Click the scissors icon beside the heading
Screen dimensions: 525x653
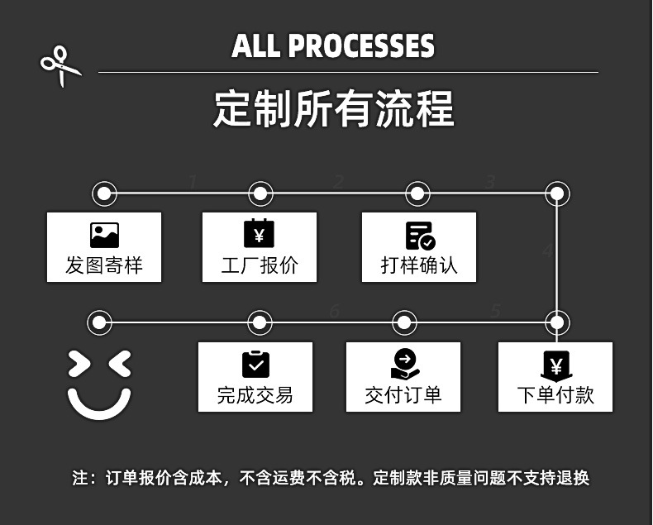click(60, 65)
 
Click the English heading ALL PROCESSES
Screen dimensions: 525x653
click(333, 45)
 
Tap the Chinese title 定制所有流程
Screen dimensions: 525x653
click(333, 110)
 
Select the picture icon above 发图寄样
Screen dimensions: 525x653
click(104, 236)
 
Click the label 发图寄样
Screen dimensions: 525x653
click(104, 265)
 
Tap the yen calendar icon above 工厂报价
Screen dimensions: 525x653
click(259, 234)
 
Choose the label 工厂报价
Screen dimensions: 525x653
click(259, 265)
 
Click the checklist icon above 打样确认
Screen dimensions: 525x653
click(420, 236)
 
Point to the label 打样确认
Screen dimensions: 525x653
click(419, 265)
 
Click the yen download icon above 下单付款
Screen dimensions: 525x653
click(555, 365)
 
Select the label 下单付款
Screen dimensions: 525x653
click(555, 394)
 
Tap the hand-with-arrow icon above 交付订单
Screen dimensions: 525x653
click(405, 364)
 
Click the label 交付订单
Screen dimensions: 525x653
click(403, 394)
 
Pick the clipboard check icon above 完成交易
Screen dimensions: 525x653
click(255, 364)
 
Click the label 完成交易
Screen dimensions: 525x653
click(255, 394)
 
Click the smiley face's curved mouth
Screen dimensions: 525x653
click(99, 403)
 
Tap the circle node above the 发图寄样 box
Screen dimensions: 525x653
click(104, 194)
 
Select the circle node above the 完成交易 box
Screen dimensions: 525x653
click(260, 322)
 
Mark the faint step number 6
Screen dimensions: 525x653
click(334, 311)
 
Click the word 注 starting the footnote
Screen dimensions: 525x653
click(80, 478)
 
